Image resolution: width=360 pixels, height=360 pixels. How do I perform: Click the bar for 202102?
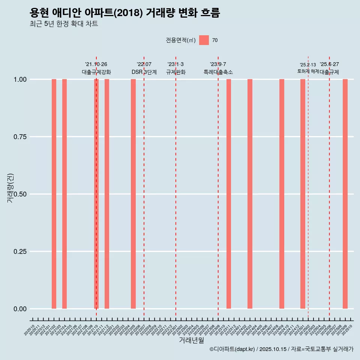pos(54,194)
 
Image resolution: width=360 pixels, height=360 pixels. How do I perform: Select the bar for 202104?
pos(64,194)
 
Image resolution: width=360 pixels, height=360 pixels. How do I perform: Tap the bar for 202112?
pos(107,194)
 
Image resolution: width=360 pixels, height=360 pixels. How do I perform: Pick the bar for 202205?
pos(133,194)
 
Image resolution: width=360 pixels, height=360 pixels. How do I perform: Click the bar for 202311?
pos(229,194)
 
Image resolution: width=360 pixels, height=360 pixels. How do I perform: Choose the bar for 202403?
pos(250,194)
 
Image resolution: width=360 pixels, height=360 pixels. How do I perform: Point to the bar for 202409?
pos(282,194)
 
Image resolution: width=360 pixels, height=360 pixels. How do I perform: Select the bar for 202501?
pos(303,194)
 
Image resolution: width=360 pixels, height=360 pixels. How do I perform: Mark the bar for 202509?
pos(345,194)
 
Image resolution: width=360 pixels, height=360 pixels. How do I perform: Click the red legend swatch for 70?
pos(204,40)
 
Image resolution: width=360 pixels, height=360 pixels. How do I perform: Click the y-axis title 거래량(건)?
pos(10,188)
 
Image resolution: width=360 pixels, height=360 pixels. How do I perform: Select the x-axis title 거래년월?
pos(191,340)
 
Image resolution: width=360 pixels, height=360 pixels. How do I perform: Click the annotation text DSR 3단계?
pos(144,72)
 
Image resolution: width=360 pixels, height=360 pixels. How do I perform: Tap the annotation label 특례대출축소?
pos(218,72)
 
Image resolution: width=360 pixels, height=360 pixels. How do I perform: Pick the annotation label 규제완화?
pos(176,72)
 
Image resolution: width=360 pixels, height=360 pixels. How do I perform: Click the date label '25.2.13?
pos(308,65)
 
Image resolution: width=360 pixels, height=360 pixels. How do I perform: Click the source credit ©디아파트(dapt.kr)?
pos(232,349)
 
